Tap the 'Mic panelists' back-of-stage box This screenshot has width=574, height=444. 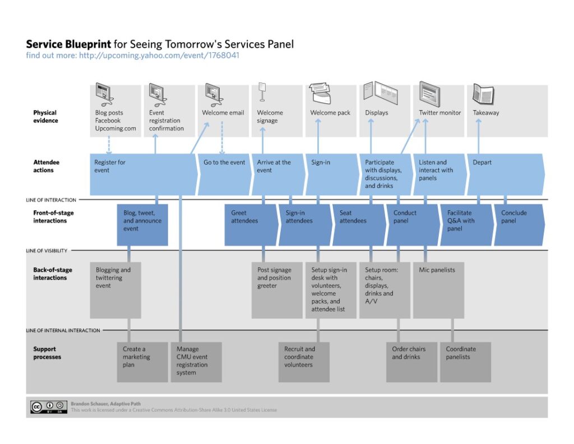(438, 289)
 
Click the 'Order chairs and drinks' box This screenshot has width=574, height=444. (411, 361)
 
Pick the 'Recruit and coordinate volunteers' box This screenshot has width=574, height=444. (303, 361)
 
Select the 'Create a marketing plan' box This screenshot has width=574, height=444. (142, 361)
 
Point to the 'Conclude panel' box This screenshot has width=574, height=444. (518, 225)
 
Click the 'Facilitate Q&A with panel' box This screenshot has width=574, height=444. (465, 225)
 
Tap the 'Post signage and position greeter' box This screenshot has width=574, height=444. (276, 289)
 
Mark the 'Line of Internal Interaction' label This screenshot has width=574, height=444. (63, 331)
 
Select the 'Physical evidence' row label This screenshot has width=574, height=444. (45, 117)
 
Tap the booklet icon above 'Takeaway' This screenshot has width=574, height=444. (483, 94)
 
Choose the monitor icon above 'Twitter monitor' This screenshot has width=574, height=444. (429, 93)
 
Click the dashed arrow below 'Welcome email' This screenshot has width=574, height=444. (223, 138)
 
